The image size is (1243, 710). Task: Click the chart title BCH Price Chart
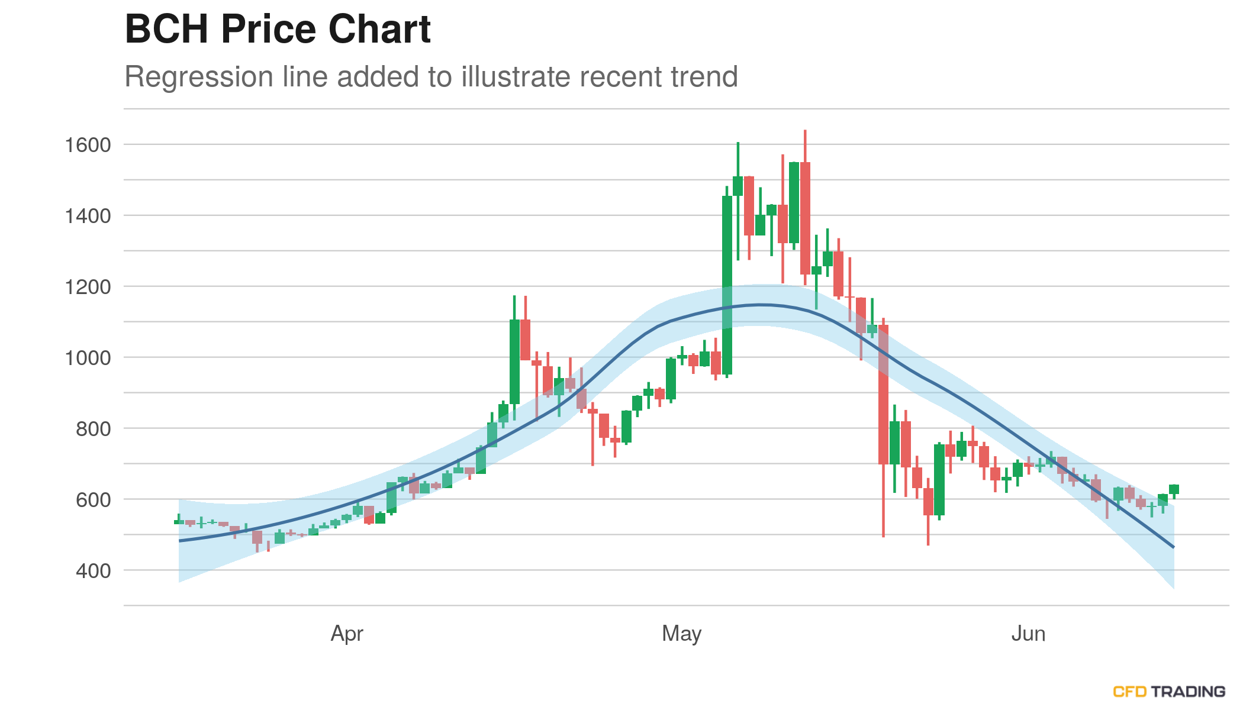(x=278, y=29)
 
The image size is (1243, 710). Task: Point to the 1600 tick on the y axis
(x=88, y=145)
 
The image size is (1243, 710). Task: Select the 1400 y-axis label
(x=88, y=216)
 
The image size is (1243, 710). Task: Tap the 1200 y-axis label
(x=88, y=287)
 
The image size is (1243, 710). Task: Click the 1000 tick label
(x=88, y=358)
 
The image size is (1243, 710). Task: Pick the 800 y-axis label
(x=93, y=429)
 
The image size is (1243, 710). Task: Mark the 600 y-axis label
(x=93, y=500)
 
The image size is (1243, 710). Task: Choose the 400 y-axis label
(x=93, y=571)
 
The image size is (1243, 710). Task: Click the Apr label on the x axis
(x=347, y=634)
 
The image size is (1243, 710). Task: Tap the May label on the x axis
(x=681, y=634)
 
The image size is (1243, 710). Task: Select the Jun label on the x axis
(x=1028, y=634)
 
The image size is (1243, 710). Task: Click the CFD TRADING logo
(x=1168, y=691)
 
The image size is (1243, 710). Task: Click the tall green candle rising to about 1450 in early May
(x=727, y=284)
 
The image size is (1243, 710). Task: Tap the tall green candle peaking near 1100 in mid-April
(x=514, y=362)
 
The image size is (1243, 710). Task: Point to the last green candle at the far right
(x=1174, y=489)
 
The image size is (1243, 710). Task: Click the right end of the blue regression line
(x=1173, y=547)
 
